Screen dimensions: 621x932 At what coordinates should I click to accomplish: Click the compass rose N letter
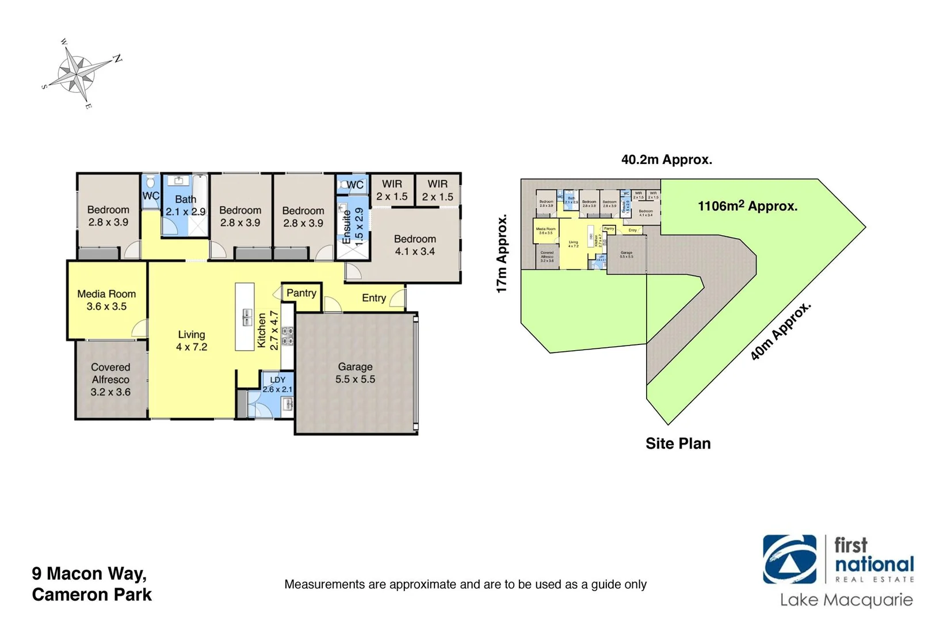pyautogui.click(x=117, y=59)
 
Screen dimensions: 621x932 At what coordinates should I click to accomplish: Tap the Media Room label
pyautogui.click(x=106, y=300)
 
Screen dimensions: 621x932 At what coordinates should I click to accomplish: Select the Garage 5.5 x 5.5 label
pyautogui.click(x=355, y=373)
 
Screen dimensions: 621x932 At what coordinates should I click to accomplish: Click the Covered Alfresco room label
pyautogui.click(x=110, y=379)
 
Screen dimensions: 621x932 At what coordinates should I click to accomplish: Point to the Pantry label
pyautogui.click(x=301, y=293)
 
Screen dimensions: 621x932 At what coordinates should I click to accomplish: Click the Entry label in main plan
pyautogui.click(x=373, y=297)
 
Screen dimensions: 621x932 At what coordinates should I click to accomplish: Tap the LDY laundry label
pyautogui.click(x=277, y=384)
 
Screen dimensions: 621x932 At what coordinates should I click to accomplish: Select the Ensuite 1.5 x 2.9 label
pyautogui.click(x=353, y=226)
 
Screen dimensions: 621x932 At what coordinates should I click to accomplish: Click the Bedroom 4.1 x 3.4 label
pyautogui.click(x=415, y=245)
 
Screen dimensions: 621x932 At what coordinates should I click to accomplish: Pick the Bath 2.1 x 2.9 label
pyautogui.click(x=185, y=205)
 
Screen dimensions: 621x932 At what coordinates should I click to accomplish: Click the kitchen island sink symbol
pyautogui.click(x=247, y=317)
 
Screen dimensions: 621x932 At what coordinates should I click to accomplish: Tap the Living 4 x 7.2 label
pyautogui.click(x=192, y=340)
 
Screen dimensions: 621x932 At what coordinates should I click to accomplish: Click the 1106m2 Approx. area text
pyautogui.click(x=747, y=206)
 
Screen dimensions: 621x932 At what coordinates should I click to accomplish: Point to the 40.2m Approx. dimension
pyautogui.click(x=666, y=159)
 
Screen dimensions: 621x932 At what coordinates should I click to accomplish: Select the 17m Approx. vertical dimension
pyautogui.click(x=502, y=254)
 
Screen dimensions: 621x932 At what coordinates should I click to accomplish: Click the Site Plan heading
pyautogui.click(x=678, y=443)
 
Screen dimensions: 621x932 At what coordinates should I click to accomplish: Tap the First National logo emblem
pyautogui.click(x=789, y=559)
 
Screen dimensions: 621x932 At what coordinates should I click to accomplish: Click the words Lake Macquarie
pyautogui.click(x=846, y=600)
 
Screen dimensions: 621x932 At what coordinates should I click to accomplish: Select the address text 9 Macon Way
pyautogui.click(x=89, y=573)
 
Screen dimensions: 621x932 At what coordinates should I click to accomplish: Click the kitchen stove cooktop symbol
pyautogui.click(x=287, y=336)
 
